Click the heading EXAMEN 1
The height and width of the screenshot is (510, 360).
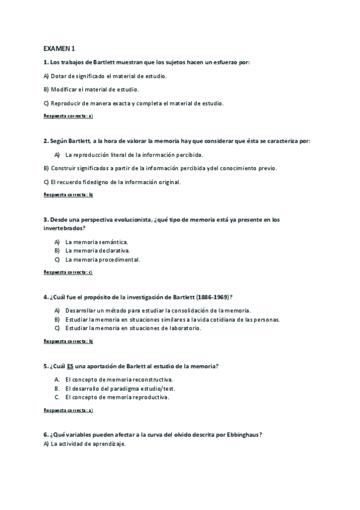(x=59, y=48)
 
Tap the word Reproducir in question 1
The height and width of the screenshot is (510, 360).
(x=66, y=103)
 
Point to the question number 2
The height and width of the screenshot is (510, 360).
(x=46, y=141)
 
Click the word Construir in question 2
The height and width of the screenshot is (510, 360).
(x=64, y=168)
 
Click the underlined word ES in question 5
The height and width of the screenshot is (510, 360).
(x=70, y=366)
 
